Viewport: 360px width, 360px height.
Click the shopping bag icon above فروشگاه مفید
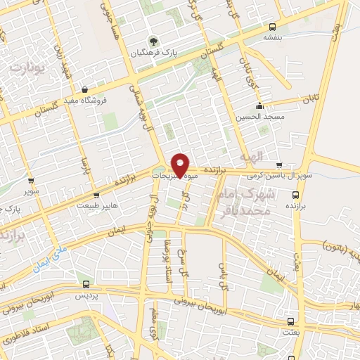86,89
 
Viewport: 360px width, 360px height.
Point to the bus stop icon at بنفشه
271,29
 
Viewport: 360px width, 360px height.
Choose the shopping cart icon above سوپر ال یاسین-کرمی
280,164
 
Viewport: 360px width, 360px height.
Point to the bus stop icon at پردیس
86,285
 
